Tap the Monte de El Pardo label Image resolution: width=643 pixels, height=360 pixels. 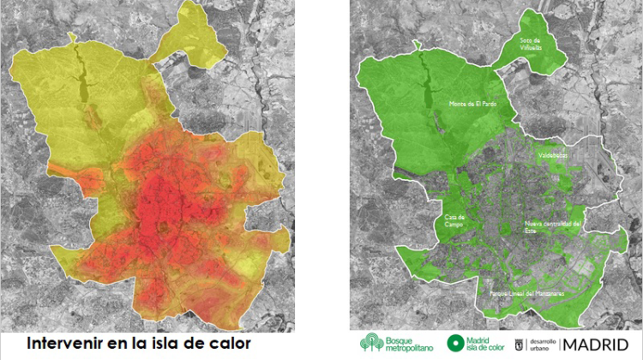pyautogui.click(x=472, y=104)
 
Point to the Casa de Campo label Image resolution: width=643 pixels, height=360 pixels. pyautogui.click(x=455, y=220)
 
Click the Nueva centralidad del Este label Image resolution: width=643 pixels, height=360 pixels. pyautogui.click(x=553, y=226)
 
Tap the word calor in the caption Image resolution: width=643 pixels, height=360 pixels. pyautogui.click(x=224, y=343)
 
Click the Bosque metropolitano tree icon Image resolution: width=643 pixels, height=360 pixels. pyautogui.click(x=370, y=343)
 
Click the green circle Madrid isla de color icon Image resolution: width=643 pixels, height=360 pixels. pyautogui.click(x=454, y=343)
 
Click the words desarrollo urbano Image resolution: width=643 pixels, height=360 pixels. pyautogui.click(x=543, y=343)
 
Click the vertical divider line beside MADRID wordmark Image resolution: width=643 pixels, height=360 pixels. pyautogui.click(x=561, y=343)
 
